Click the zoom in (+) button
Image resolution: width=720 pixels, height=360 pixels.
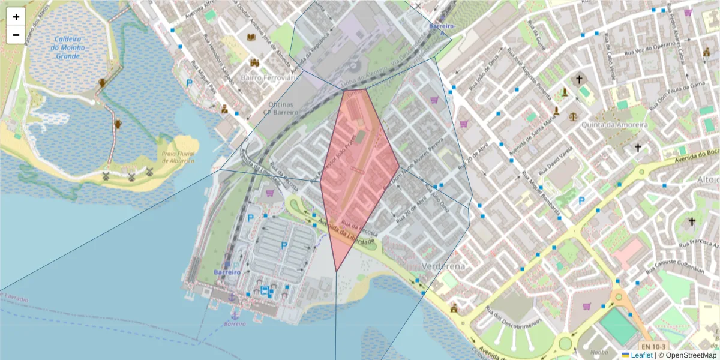16,17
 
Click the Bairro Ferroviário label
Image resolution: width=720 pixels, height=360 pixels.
269,77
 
